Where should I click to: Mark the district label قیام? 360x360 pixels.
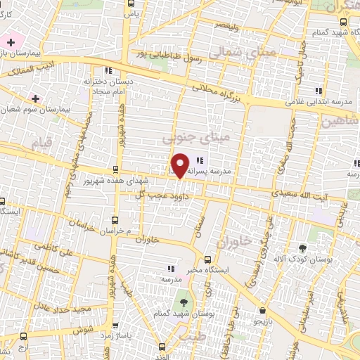coord(41,143)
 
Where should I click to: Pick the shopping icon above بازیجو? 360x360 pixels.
coord(262,309)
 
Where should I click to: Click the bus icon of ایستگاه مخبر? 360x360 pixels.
coord(207,259)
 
